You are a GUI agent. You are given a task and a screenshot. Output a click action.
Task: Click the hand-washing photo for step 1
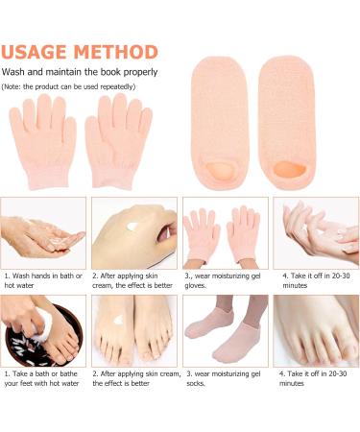point(43,231)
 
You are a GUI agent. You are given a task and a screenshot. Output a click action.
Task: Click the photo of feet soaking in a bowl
point(43,329)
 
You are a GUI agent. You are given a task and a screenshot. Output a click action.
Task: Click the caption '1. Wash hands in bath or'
point(43,276)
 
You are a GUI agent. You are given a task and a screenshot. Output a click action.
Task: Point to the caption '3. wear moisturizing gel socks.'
point(225,377)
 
